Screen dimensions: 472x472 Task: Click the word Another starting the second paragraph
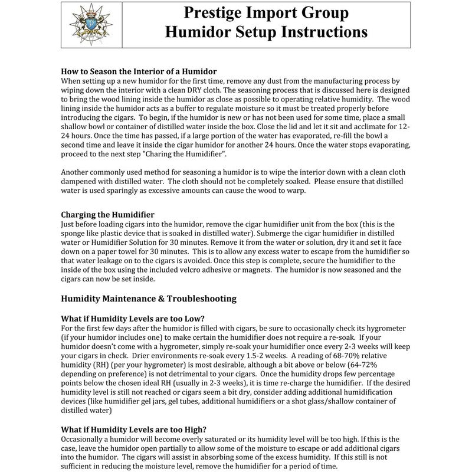click(x=78, y=172)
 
